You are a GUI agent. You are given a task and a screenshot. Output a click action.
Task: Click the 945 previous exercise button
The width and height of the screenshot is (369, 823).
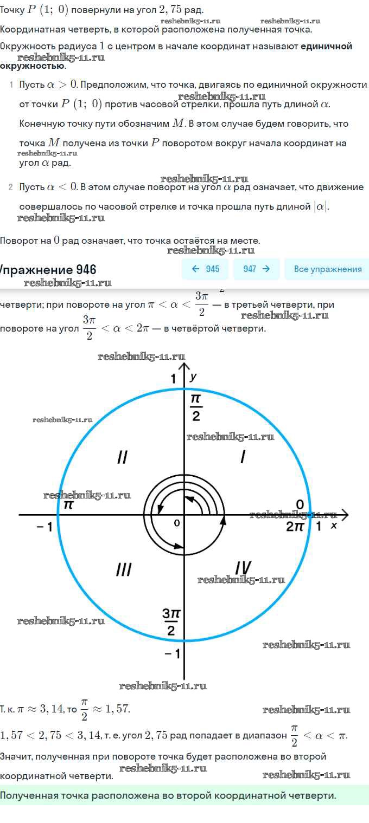coord(205,269)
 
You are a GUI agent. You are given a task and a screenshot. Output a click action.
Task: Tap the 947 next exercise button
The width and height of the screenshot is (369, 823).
coord(257,269)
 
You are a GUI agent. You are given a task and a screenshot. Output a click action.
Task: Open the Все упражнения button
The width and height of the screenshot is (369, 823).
coord(327,269)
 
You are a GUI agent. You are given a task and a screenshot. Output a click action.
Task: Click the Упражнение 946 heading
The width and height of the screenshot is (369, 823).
coord(48,270)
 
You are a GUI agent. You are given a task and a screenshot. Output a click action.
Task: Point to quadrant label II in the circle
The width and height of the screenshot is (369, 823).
coord(122,457)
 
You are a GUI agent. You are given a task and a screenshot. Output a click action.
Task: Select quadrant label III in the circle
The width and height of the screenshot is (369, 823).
coord(124,570)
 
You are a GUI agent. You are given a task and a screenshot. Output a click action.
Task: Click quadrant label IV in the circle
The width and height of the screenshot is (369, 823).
coord(243,568)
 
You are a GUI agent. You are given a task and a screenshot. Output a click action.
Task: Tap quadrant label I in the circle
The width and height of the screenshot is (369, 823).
coord(243,457)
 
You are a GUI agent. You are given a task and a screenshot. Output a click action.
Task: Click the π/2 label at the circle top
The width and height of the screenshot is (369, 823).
coord(196,407)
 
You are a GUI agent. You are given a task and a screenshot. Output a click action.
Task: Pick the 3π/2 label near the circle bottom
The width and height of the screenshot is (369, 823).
coord(171,622)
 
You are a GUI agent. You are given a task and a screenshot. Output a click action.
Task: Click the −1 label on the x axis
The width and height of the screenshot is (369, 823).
coord(44,527)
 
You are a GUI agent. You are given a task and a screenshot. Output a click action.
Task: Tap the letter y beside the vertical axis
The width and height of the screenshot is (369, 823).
coord(193,377)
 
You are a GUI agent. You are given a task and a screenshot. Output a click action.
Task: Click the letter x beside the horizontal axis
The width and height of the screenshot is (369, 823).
coord(334,526)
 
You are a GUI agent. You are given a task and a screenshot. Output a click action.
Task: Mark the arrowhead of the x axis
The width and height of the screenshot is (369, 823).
coord(345,515)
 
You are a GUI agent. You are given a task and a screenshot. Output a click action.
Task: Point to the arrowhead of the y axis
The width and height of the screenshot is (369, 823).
coord(184,366)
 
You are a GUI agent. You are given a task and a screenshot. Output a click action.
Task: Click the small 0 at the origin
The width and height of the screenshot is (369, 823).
coord(177,523)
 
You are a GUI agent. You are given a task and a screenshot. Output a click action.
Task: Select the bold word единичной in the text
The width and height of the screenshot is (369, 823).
coord(326,46)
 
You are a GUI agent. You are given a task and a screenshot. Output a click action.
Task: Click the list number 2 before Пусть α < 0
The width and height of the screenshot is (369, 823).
coord(11,187)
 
